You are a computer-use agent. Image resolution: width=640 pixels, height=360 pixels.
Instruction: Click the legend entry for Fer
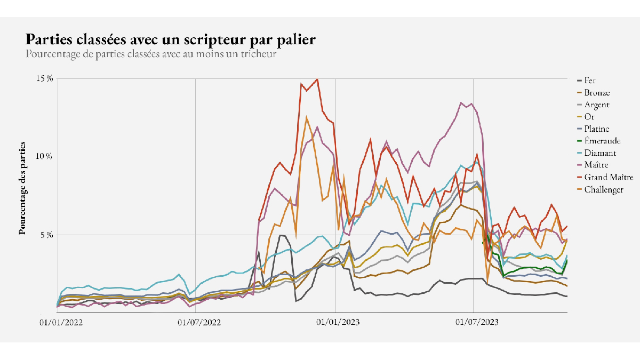pyautogui.click(x=590, y=81)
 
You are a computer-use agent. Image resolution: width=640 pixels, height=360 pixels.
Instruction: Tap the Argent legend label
pyautogui.click(x=596, y=105)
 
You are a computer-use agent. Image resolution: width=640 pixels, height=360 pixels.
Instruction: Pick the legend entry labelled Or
pyautogui.click(x=589, y=117)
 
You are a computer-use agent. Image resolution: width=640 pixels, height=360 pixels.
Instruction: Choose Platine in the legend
pyautogui.click(x=596, y=129)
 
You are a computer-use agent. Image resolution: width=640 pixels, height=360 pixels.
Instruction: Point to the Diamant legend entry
pyautogui.click(x=598, y=153)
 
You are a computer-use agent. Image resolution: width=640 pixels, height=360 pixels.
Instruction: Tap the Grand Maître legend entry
pyautogui.click(x=609, y=177)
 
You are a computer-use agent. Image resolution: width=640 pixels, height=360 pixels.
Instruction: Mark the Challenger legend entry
pyautogui.click(x=604, y=189)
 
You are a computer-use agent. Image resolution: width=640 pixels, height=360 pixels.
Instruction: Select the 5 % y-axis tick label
pyautogui.click(x=47, y=235)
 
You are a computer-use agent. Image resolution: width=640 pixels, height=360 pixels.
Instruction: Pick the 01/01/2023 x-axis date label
pyautogui.click(x=335, y=322)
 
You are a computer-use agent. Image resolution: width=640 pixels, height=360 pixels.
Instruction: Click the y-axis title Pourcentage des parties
pyautogui.click(x=22, y=188)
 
